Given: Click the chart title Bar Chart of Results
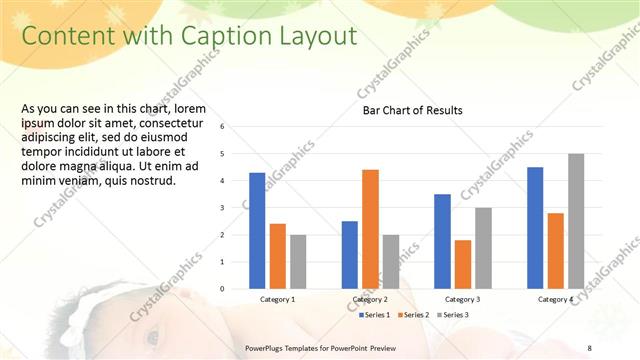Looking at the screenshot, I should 412,111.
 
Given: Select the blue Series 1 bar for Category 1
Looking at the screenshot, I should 257,230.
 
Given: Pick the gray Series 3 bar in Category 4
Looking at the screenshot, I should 575,221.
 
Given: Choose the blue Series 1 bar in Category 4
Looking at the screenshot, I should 535,227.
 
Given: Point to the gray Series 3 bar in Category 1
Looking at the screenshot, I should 298,261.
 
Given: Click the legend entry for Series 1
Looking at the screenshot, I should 374,315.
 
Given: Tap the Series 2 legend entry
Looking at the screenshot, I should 413,315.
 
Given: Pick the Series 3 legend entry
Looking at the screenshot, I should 452,315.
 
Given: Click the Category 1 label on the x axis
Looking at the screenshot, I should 277,299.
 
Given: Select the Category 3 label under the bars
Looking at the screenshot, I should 462,299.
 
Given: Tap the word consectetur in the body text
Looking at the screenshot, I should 181,123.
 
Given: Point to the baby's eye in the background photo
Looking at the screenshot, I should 152,337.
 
